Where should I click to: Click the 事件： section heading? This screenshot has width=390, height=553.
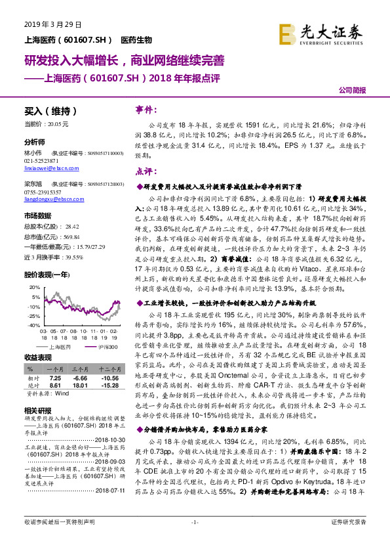click(x=145, y=110)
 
